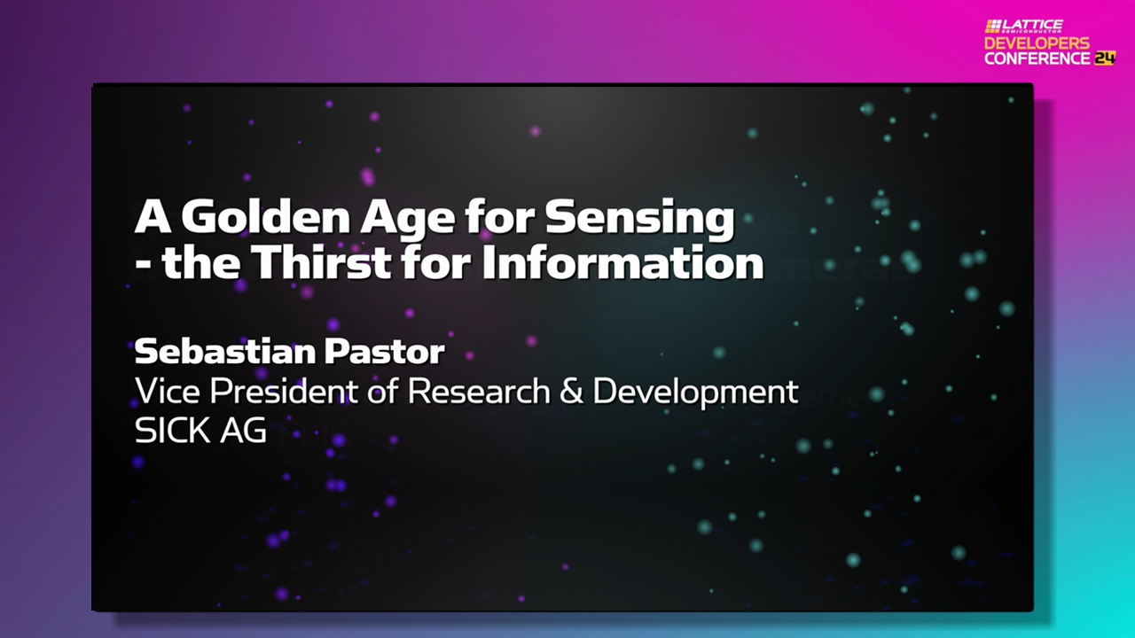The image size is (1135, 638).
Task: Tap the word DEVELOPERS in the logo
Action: (1037, 43)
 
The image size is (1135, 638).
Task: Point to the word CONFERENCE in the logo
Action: (1037, 58)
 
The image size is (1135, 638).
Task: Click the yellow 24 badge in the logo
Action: (1104, 58)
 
